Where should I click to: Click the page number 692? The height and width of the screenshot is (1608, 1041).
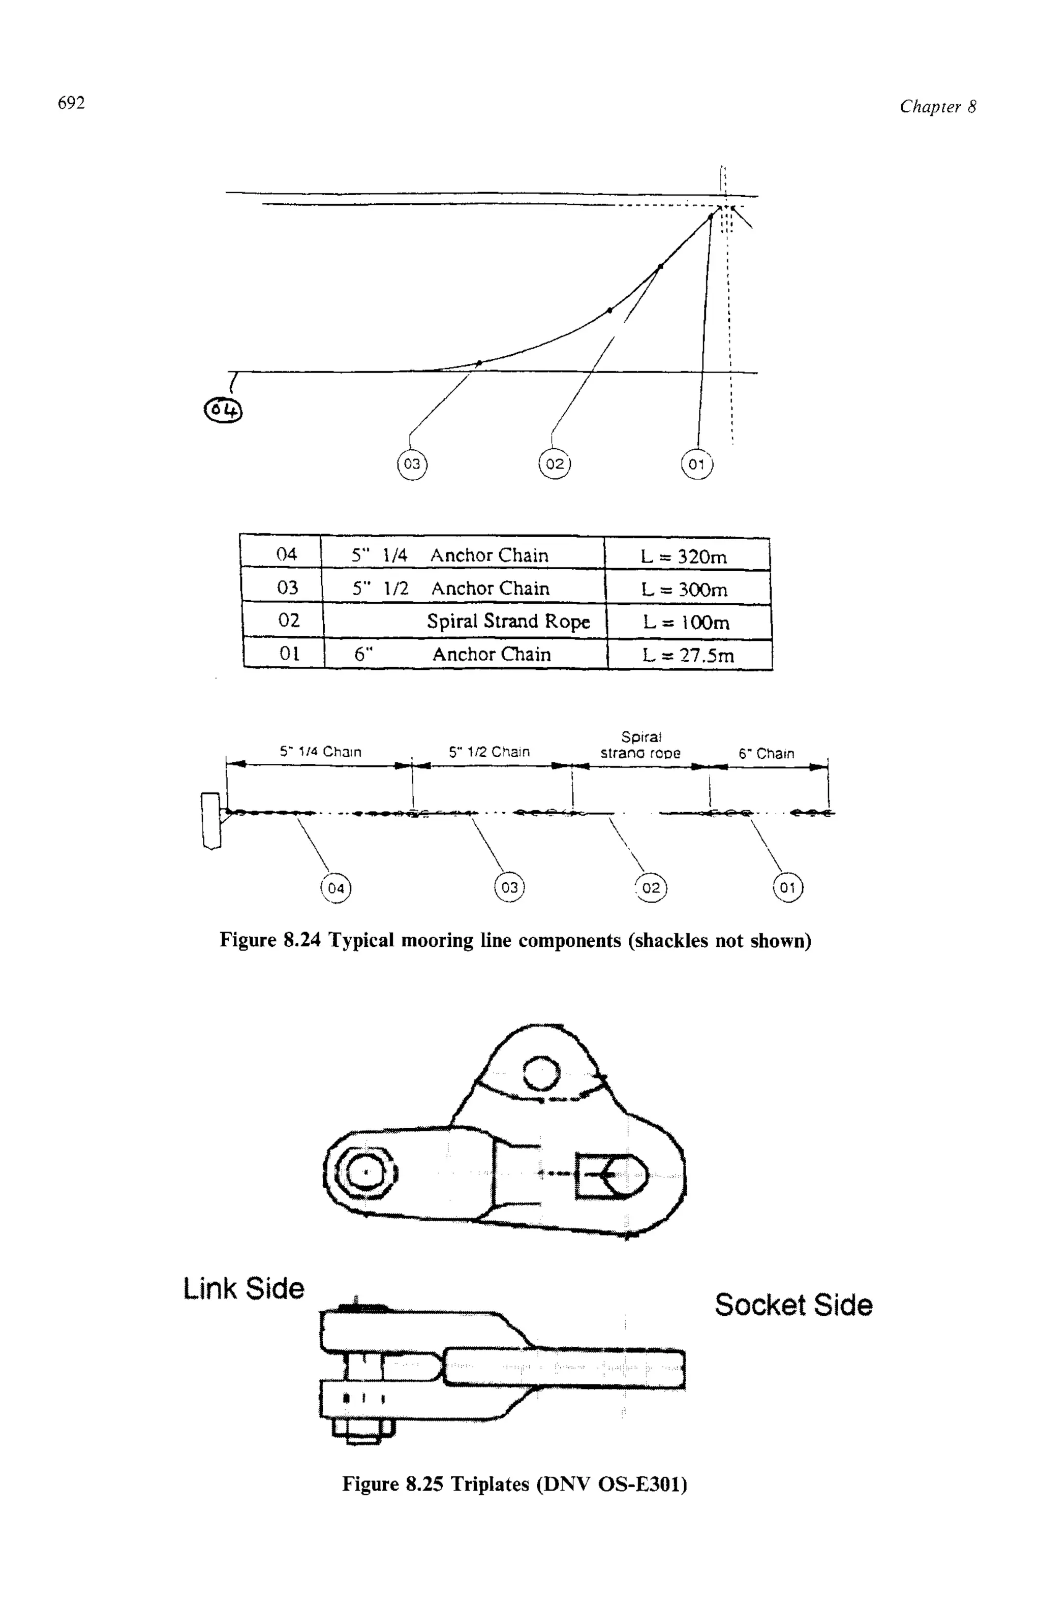tap(72, 103)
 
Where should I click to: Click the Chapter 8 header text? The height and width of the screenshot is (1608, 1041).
tap(937, 107)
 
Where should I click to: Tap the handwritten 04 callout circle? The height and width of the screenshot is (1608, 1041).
tap(224, 410)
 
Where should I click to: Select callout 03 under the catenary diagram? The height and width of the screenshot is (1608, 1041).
tap(411, 464)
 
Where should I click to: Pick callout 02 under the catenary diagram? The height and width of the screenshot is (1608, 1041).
tap(555, 464)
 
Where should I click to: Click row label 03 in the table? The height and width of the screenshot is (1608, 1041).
tap(288, 587)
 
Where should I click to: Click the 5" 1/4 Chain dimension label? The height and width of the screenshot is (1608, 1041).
tap(321, 751)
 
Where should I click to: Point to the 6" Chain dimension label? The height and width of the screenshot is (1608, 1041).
tap(766, 753)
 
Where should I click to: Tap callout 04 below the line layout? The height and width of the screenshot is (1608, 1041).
tap(336, 888)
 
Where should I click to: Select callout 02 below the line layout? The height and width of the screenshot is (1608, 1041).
tap(651, 888)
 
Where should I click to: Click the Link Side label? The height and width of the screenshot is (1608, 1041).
tap(244, 1288)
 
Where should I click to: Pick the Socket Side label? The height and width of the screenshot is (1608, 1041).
tap(793, 1304)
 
